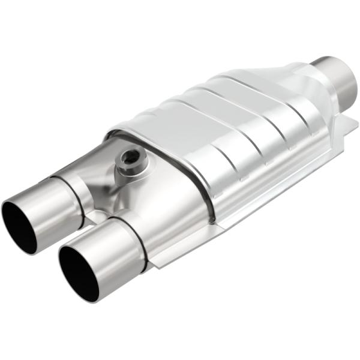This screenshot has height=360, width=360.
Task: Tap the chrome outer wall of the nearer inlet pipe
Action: (x=114, y=252)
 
